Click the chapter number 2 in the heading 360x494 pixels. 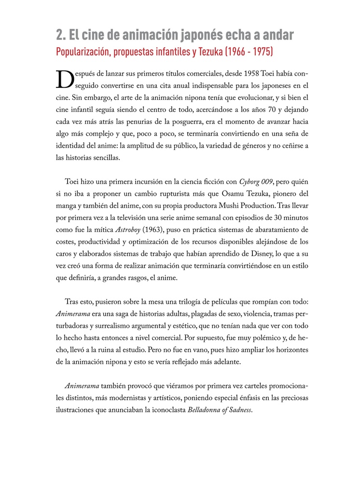(x=59, y=35)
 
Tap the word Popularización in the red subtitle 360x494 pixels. (x=82, y=51)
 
